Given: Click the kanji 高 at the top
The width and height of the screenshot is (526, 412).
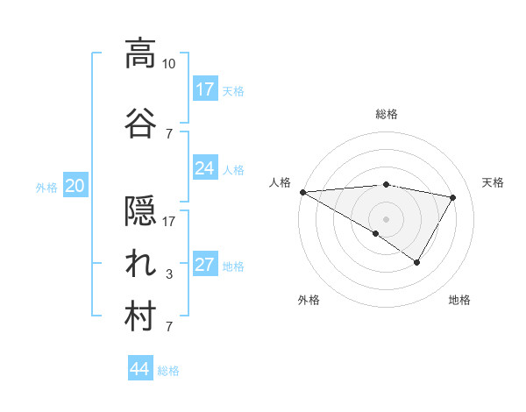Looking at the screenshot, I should [x=140, y=54].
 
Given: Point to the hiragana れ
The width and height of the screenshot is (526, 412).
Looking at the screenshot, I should [x=140, y=263].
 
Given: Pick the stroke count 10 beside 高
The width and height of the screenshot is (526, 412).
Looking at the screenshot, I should [x=169, y=64].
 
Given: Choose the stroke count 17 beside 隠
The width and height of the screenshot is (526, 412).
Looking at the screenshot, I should [x=169, y=222].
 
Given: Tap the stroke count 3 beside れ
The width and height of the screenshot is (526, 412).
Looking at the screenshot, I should [x=169, y=274].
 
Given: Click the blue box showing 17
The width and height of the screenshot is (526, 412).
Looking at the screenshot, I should [x=205, y=89].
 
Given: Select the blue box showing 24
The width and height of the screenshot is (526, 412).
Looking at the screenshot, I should [x=205, y=168].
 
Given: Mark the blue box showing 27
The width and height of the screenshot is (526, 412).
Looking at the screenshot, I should [x=205, y=266].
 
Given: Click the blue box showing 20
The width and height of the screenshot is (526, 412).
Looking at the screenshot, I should [x=75, y=186].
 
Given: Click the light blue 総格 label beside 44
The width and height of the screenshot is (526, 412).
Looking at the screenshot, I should [x=168, y=371].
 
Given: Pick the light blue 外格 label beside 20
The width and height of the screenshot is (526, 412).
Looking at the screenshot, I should [x=46, y=187].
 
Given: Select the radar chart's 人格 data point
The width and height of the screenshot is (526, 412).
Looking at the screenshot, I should [x=302, y=191].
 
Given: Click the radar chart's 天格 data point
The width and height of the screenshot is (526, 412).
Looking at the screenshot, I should [x=452, y=197].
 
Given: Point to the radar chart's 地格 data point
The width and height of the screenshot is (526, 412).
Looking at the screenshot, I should [x=417, y=262].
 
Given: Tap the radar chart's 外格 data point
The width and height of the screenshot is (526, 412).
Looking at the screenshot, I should [x=376, y=233].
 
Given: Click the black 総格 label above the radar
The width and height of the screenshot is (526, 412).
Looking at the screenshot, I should [x=387, y=114].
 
